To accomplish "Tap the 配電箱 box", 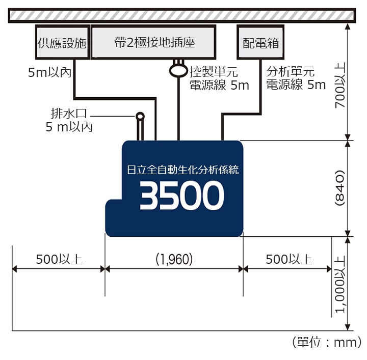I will point(261,43).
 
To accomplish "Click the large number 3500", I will point(182,196).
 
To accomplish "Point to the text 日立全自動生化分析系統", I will point(182,170).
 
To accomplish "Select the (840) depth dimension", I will point(340,188).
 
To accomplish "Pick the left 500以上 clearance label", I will point(59,259).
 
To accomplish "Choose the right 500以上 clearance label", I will point(289,259).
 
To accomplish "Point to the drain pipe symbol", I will point(140,125).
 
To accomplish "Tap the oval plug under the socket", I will point(178,70).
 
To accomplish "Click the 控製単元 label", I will point(213,72).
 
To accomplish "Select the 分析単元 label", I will point(291,72).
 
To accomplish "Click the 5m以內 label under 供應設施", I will point(49,73).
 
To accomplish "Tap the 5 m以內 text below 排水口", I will point(69,127).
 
